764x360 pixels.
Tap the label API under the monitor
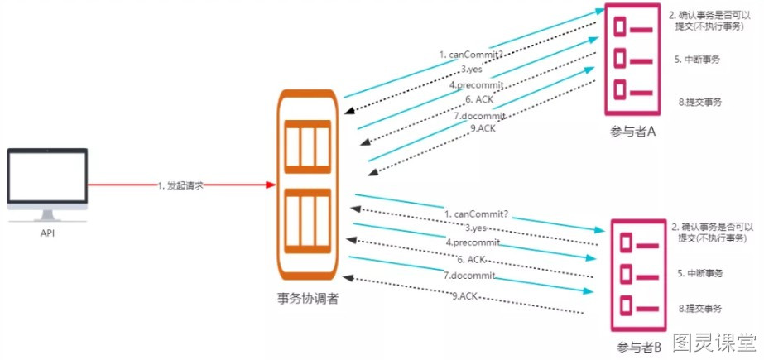click(47, 233)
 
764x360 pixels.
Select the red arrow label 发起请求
click(180, 185)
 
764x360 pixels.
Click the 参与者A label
click(633, 132)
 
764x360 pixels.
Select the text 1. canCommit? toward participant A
click(470, 55)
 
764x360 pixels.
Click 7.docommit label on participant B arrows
click(469, 275)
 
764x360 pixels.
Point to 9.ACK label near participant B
click(465, 295)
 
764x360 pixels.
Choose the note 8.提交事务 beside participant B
click(701, 308)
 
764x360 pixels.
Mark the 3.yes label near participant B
click(474, 227)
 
